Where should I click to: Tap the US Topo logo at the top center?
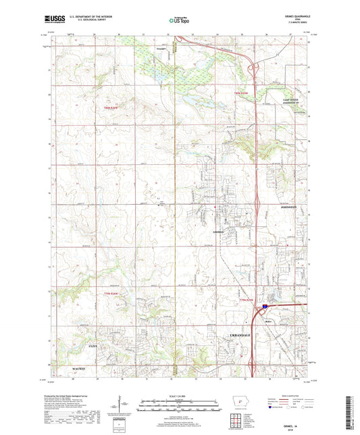point(179,21)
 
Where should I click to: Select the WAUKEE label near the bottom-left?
point(81,368)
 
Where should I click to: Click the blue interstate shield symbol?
point(265,306)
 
